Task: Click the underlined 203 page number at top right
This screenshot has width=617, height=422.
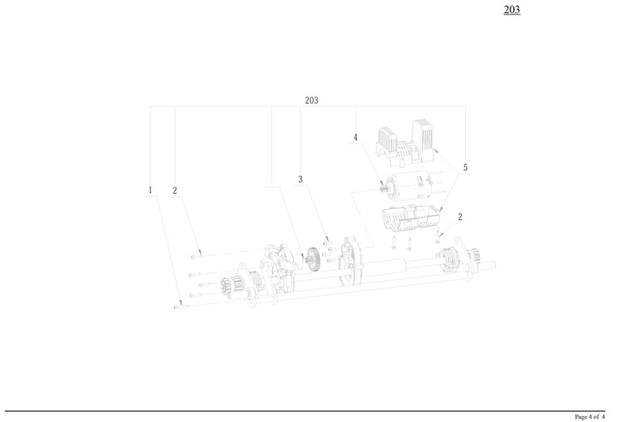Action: (x=511, y=10)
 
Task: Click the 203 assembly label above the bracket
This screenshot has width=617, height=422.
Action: (x=312, y=101)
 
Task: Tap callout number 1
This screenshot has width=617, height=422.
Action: (x=150, y=190)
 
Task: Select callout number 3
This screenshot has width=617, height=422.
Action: (x=301, y=180)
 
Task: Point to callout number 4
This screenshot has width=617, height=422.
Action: (x=356, y=138)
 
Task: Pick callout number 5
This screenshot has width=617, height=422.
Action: (x=465, y=167)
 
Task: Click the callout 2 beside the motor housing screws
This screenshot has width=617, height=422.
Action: (x=460, y=217)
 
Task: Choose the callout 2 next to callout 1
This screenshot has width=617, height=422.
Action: (x=175, y=190)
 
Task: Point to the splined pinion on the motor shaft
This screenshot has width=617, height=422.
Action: (x=383, y=187)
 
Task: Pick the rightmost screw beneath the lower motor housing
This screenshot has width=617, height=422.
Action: (x=438, y=234)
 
